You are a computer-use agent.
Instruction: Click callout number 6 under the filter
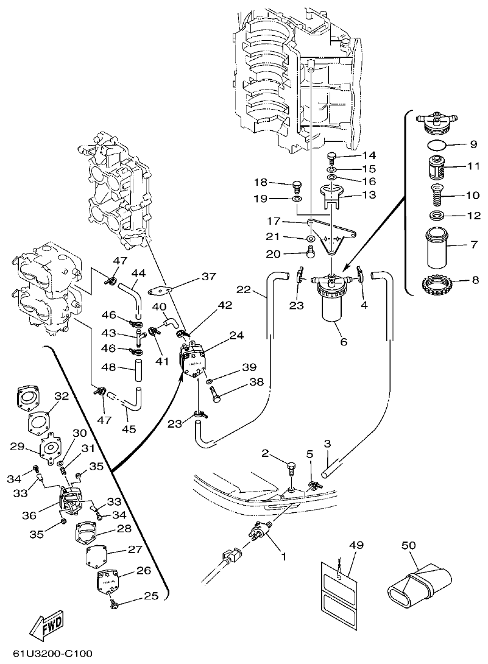tap(344, 342)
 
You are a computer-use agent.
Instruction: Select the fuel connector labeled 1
tap(261, 534)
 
